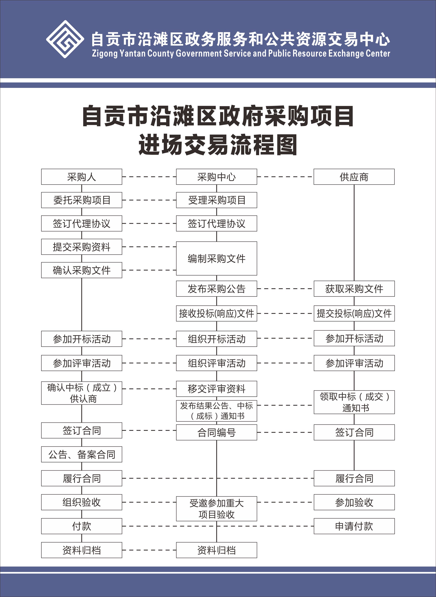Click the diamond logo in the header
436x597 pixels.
(65, 39)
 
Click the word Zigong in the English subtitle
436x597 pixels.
(105, 53)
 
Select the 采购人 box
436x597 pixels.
(82, 177)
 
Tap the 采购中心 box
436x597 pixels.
(216, 177)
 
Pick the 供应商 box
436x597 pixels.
(354, 177)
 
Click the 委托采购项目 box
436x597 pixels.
(82, 200)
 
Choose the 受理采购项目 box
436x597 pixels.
(216, 200)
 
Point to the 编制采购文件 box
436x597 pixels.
(216, 259)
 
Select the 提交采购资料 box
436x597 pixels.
(82, 247)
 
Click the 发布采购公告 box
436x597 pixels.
(216, 289)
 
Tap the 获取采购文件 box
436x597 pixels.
(354, 289)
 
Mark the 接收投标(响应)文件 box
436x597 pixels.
(216, 313)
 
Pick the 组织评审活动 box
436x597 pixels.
(216, 363)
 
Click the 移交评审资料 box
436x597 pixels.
(216, 389)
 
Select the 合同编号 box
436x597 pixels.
(216, 432)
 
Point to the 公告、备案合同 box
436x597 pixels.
(82, 454)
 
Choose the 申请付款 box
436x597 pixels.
(354, 526)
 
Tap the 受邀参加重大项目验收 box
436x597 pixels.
(216, 509)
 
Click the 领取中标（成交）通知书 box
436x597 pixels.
(354, 402)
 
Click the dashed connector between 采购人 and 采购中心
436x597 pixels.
(149, 177)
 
